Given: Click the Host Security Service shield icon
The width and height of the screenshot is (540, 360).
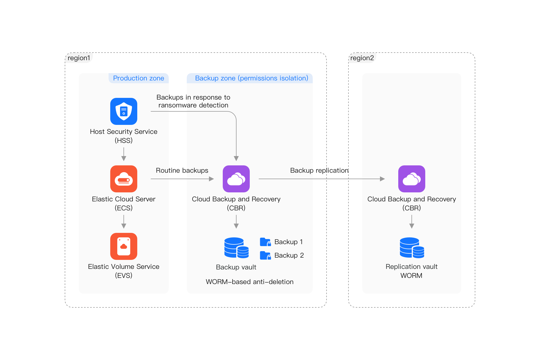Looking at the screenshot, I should (124, 111).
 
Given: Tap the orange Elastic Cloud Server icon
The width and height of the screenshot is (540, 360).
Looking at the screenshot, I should (124, 179).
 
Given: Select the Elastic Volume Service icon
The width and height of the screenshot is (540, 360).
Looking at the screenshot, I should (124, 246).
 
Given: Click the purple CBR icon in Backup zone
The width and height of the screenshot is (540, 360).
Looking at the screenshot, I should (236, 179).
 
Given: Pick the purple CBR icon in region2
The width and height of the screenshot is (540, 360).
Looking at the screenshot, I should (411, 179).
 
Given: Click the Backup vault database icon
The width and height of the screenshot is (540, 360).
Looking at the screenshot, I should (236, 248).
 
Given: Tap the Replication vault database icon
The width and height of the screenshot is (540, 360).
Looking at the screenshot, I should (412, 248).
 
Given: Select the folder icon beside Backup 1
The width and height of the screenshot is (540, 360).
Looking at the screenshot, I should (265, 242).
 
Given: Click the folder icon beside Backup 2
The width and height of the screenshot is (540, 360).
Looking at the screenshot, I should (265, 255).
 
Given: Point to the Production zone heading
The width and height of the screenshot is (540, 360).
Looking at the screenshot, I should (138, 78).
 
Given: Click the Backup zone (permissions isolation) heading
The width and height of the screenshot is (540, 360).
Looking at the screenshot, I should (251, 78).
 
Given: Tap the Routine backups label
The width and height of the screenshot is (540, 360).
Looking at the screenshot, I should (182, 170).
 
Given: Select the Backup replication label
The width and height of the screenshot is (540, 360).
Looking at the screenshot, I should (319, 170).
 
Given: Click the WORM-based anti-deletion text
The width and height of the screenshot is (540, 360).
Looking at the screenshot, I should (249, 282).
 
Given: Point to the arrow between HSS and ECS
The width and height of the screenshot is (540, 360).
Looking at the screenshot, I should (124, 154).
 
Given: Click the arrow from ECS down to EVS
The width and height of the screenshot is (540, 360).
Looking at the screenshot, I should (124, 222).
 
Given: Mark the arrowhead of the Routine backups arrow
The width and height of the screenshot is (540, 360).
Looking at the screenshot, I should (211, 179).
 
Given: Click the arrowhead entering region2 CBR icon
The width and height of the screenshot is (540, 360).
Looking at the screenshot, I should (382, 179).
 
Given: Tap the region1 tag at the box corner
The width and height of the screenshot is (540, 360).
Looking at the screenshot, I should (79, 58).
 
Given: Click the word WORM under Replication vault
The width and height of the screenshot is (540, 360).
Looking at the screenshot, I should (411, 276).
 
